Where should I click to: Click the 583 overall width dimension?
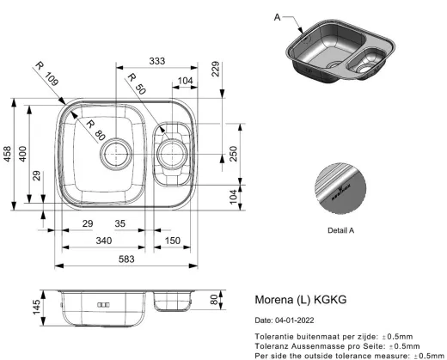pos(126,259)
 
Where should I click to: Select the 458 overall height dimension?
pos(7,154)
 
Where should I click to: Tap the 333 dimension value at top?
pos(157,61)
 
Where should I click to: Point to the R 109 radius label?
pos(46,74)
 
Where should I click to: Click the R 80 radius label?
pos(95,131)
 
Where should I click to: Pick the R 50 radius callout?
pos(137,84)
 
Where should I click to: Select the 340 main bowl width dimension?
pos(104,241)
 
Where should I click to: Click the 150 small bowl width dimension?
pos(173,241)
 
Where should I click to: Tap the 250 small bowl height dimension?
pos(234,154)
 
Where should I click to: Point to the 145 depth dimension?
pos(37,307)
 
